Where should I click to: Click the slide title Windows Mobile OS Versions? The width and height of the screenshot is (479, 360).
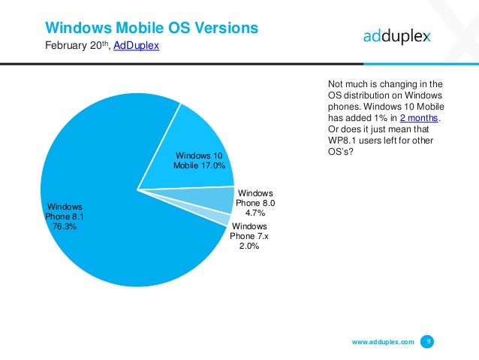pos(152,28)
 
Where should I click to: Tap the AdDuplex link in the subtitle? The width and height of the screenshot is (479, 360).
pos(135,46)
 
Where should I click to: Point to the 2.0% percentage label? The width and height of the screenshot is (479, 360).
pos(249,247)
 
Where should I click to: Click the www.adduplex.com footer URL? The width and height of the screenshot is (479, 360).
pos(383,342)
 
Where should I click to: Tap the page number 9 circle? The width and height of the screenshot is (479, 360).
pos(427,342)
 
